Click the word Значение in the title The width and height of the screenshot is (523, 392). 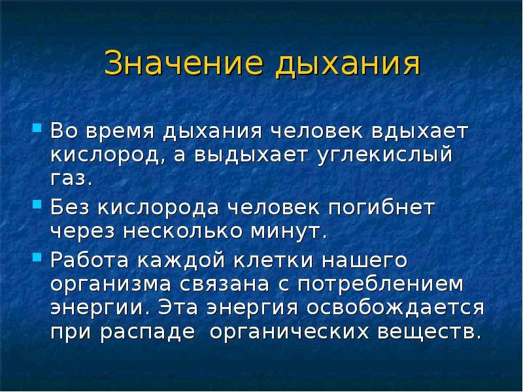(x=184, y=62)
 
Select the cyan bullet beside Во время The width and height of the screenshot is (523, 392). (x=37, y=127)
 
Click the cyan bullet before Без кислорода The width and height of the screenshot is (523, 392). (x=37, y=203)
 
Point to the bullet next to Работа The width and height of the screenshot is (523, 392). (x=37, y=257)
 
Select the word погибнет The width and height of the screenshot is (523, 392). (x=381, y=207)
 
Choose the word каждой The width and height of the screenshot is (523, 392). (x=181, y=261)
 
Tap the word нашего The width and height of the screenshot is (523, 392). (x=365, y=260)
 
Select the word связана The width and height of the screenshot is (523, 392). (x=224, y=284)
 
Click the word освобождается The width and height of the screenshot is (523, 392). (x=396, y=308)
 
